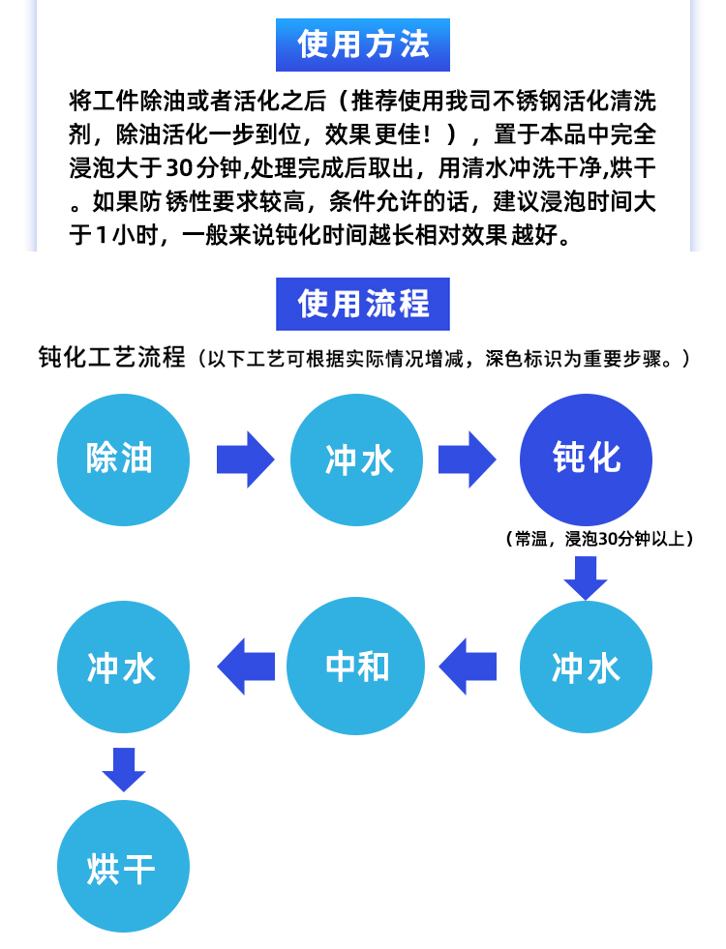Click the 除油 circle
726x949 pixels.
pos(123,460)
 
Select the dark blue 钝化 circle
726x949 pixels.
pos(586,460)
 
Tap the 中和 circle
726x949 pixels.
pos(355,667)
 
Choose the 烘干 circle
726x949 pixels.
pos(123,866)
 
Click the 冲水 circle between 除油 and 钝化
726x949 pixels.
pos(356,460)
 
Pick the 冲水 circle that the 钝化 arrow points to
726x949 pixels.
pos(586,667)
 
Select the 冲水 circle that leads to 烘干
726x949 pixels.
pos(123,667)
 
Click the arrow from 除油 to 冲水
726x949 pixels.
pos(245,460)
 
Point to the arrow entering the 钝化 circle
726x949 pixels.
pos(467,460)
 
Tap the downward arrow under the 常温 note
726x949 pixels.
pos(586,578)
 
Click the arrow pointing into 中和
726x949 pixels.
pos(468,667)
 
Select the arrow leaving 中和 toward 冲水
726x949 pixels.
pos(246,667)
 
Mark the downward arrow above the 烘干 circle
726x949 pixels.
pos(124,769)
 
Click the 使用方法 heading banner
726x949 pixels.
pos(363,44)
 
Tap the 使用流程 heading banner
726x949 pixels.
pos(363,304)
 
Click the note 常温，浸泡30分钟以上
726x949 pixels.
pos(599,538)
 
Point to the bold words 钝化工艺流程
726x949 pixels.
pos(111,357)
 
